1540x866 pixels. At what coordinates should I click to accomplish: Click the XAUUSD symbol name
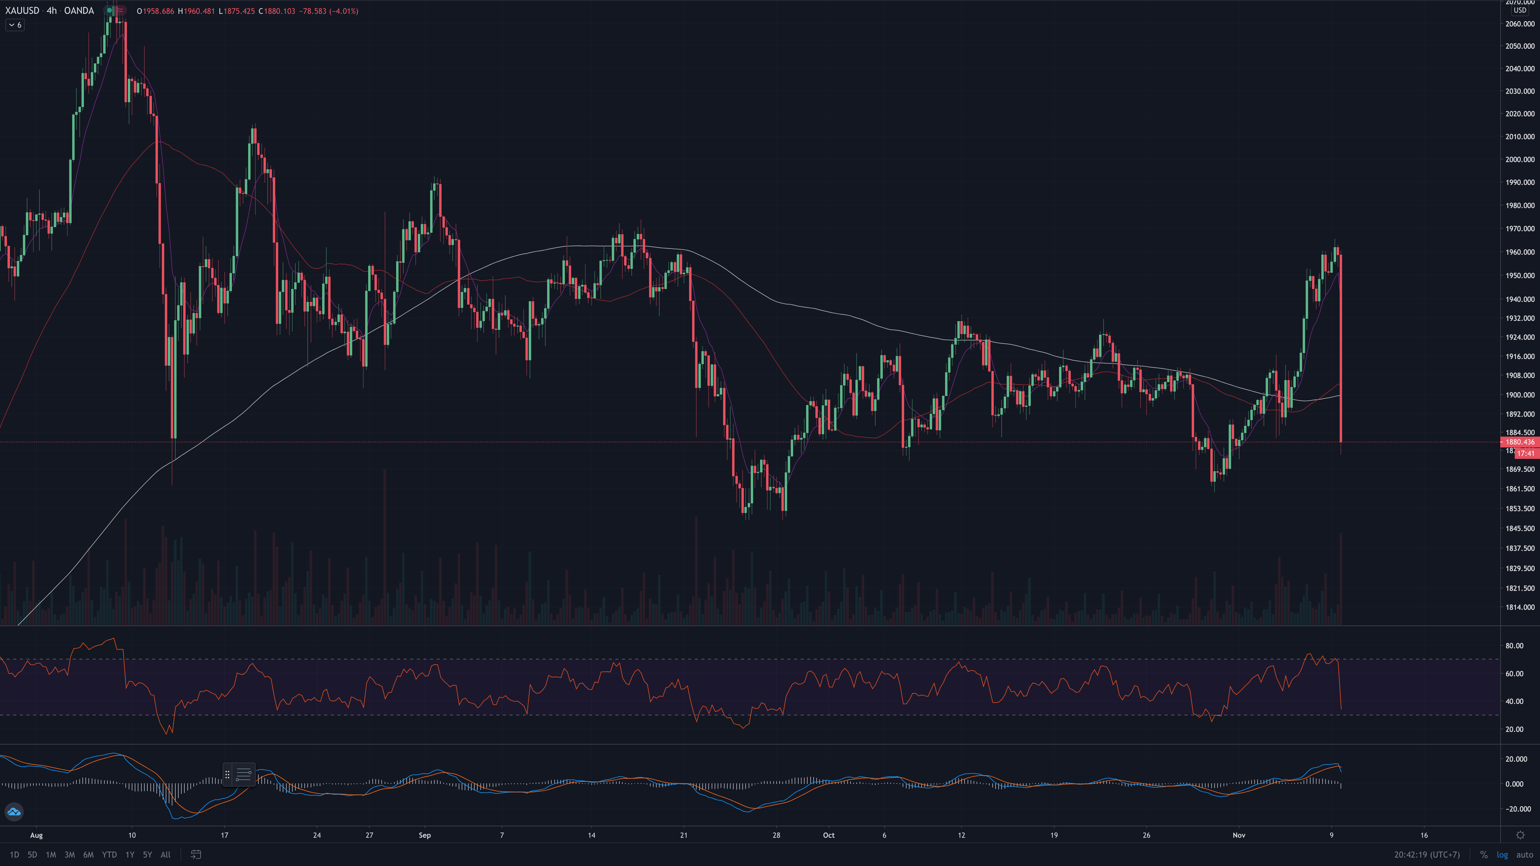22,11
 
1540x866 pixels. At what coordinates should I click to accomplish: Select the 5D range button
32,855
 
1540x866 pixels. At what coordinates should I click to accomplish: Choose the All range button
166,855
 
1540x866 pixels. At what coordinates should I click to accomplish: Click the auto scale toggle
1524,855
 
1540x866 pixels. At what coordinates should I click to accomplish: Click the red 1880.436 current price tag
1519,442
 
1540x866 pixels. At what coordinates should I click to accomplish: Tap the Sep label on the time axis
424,835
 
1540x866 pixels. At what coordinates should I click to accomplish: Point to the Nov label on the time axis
1239,835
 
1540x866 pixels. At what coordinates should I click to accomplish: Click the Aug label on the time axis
36,835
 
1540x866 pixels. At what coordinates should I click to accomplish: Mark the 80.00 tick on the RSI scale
1514,646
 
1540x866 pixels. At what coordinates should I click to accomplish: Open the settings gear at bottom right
1520,835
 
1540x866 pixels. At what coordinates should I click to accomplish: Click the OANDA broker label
79,11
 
